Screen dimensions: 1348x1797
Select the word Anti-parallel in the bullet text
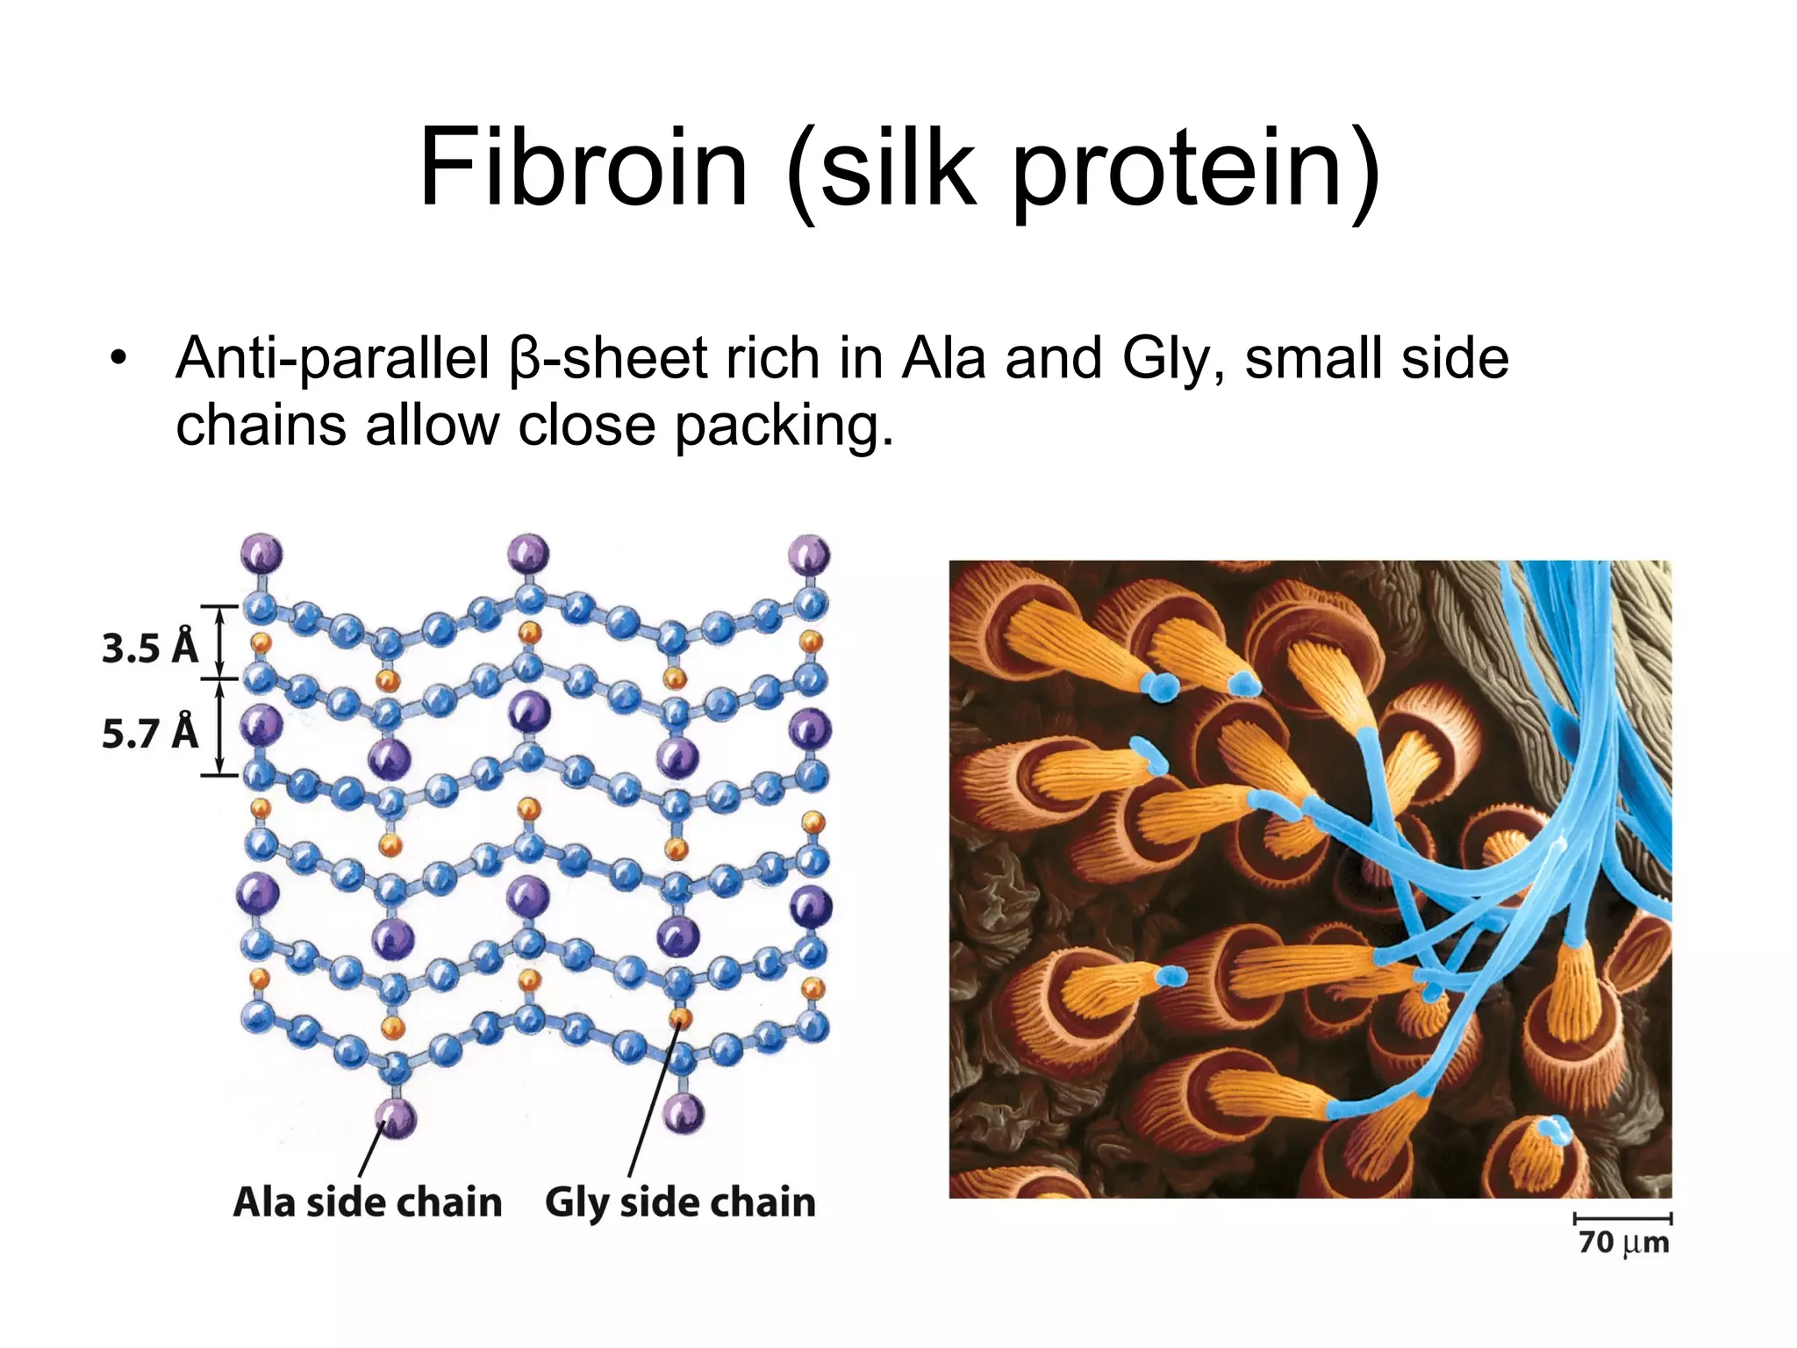point(333,359)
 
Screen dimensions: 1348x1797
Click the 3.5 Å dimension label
point(150,648)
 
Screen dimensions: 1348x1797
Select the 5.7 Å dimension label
point(150,733)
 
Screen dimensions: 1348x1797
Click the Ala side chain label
point(367,1202)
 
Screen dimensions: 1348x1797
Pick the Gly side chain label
point(680,1202)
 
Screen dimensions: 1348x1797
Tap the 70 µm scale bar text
point(1623,1243)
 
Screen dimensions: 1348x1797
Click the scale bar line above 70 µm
point(1623,1218)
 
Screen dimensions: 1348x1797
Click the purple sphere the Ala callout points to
point(395,1118)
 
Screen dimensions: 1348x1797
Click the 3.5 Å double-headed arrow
point(220,642)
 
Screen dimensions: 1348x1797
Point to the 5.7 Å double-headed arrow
point(220,728)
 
